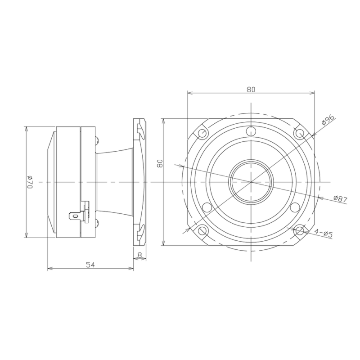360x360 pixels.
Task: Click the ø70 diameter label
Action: [30, 182]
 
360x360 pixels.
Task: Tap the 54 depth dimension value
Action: [90, 265]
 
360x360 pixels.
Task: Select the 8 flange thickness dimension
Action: [139, 255]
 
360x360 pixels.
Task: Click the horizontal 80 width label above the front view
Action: [251, 89]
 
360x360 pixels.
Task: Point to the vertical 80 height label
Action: [160, 163]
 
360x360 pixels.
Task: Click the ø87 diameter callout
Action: [340, 199]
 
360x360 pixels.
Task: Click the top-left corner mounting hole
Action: [202, 133]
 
